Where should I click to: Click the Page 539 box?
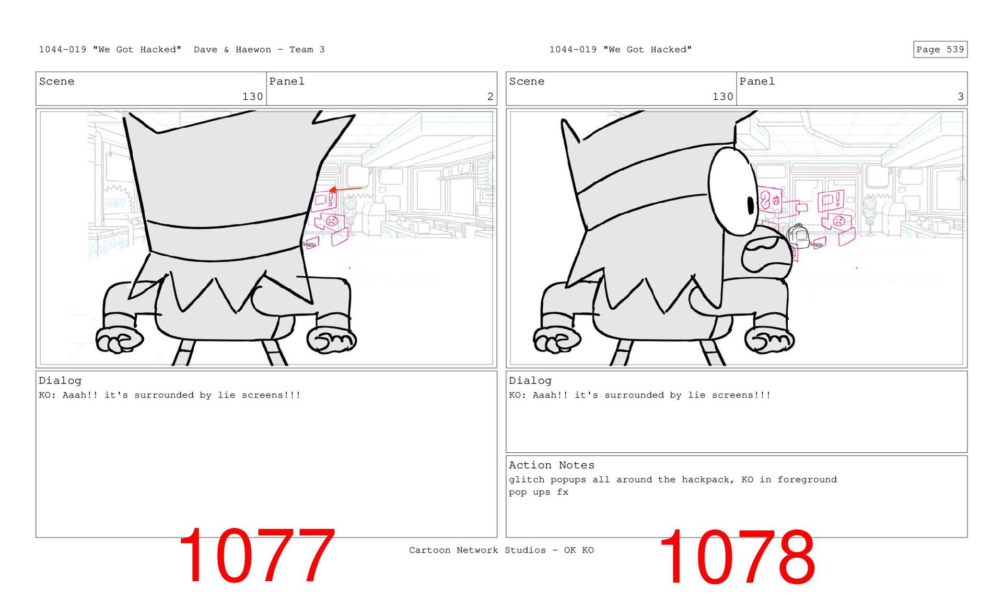(x=940, y=49)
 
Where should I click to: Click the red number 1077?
(x=256, y=556)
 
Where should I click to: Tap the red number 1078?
(x=737, y=557)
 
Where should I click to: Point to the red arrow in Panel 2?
(x=345, y=189)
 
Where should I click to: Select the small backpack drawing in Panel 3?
(x=798, y=236)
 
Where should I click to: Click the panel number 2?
(x=490, y=97)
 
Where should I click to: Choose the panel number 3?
(x=960, y=97)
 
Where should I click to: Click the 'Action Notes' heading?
(x=551, y=465)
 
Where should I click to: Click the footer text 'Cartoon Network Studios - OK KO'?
(x=501, y=550)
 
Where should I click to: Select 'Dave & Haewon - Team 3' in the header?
(x=259, y=50)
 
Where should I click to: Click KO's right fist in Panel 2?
(x=332, y=340)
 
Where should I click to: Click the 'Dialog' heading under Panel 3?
(x=530, y=381)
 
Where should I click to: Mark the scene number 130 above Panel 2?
(x=252, y=97)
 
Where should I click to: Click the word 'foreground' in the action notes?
(x=807, y=479)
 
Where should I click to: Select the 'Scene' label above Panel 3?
(x=527, y=81)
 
